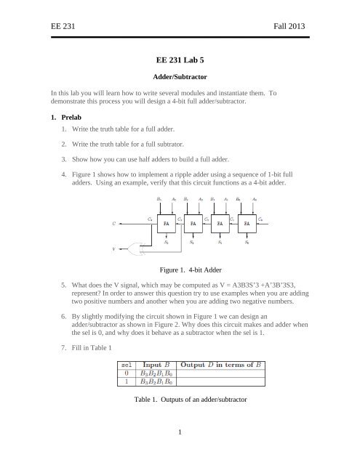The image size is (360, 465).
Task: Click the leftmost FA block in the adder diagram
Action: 167,225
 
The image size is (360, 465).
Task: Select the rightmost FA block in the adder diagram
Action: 249,225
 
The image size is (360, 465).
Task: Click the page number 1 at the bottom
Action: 179,453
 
